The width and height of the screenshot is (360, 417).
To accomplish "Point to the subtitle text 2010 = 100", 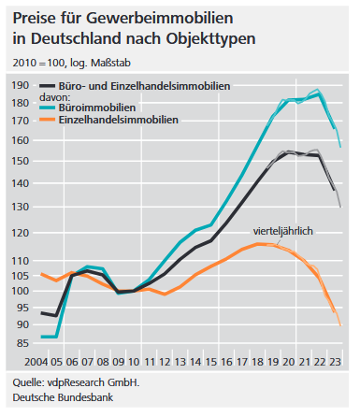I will tap(37, 62).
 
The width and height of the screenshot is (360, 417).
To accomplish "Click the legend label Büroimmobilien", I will tap(115, 108).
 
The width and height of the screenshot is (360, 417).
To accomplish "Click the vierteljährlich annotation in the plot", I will tap(284, 229).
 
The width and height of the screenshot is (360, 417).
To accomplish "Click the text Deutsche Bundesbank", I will tap(58, 398).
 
